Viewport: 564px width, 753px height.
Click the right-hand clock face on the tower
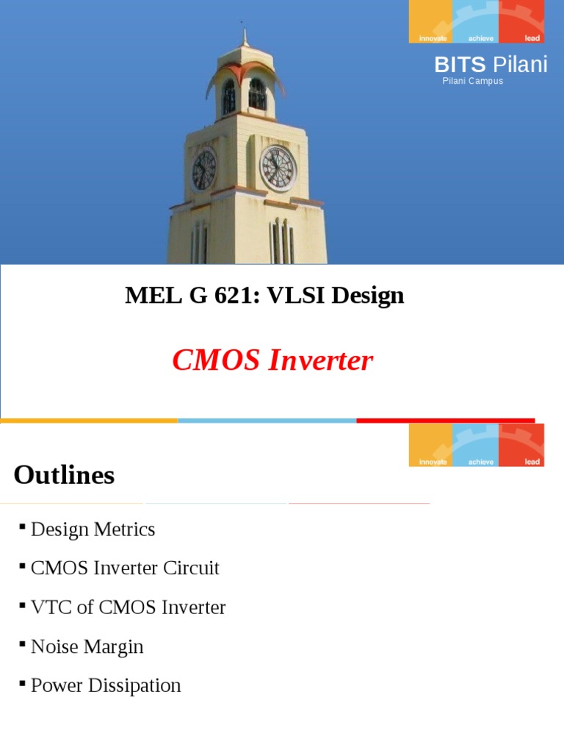pyautogui.click(x=278, y=168)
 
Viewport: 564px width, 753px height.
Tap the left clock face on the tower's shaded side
pyautogui.click(x=204, y=170)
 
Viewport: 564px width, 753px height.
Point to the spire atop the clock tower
pyautogui.click(x=245, y=36)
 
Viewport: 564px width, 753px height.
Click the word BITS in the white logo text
pyautogui.click(x=460, y=65)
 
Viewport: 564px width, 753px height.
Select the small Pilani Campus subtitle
pyautogui.click(x=472, y=81)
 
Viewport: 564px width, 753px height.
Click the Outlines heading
pyautogui.click(x=65, y=475)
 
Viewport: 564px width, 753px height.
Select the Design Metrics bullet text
pyautogui.click(x=93, y=529)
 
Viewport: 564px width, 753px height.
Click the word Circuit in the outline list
pyautogui.click(x=191, y=568)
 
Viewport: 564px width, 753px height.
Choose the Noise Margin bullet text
pyautogui.click(x=87, y=646)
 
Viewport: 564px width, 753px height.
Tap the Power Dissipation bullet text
pyautogui.click(x=106, y=685)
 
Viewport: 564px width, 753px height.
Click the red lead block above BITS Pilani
pyautogui.click(x=521, y=21)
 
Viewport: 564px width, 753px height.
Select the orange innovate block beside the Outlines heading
pyautogui.click(x=430, y=445)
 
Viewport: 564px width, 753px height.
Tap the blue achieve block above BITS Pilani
pyautogui.click(x=476, y=21)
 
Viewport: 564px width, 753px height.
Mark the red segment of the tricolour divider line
pyautogui.click(x=446, y=421)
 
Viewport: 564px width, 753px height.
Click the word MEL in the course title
pyautogui.click(x=153, y=295)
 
